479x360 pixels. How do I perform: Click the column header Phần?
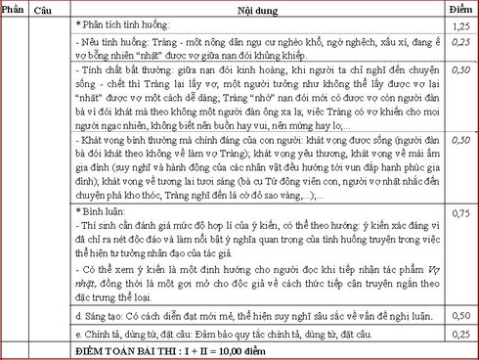(15, 10)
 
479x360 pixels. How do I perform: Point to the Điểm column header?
(459, 9)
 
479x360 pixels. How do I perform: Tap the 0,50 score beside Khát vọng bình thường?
(459, 141)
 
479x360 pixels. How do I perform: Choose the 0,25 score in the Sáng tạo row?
(459, 318)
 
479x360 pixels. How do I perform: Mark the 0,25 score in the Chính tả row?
(459, 335)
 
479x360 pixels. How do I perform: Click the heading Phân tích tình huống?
(125, 22)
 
